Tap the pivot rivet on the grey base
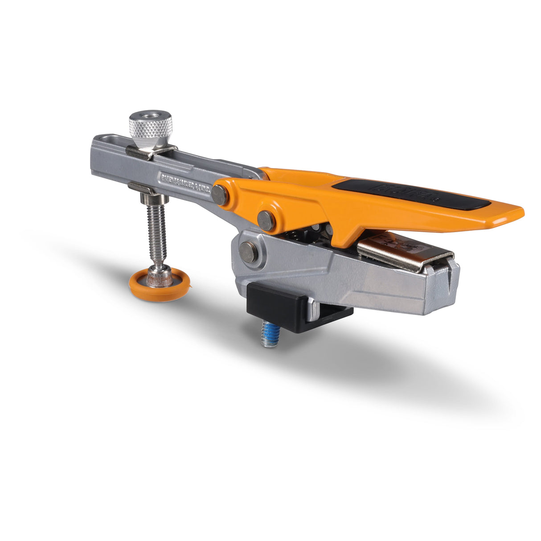pos(248,252)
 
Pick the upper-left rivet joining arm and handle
pos(220,195)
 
